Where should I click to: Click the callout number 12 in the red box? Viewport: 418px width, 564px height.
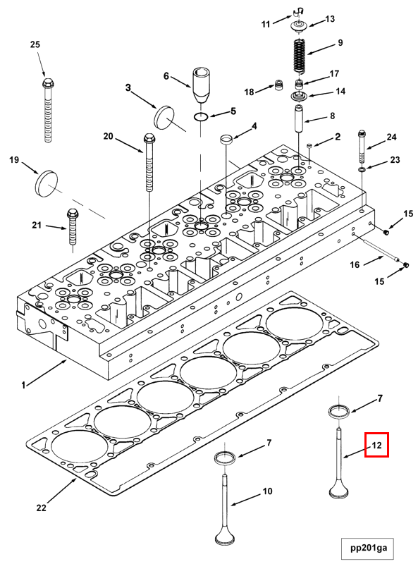click(376, 445)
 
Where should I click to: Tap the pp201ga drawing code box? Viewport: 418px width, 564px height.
click(369, 548)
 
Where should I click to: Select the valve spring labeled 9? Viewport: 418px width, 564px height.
click(300, 56)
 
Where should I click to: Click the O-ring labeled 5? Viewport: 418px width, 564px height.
click(200, 116)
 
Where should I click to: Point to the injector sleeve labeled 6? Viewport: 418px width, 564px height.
click(200, 85)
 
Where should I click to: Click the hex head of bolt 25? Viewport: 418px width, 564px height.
click(48, 83)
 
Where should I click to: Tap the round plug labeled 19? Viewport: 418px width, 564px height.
click(47, 184)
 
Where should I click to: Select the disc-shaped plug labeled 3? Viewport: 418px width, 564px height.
click(164, 117)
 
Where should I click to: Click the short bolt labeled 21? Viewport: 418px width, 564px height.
click(72, 226)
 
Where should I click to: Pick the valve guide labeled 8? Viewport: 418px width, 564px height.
click(300, 118)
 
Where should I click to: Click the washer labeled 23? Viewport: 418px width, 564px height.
click(362, 169)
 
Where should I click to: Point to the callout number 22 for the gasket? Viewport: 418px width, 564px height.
click(42, 508)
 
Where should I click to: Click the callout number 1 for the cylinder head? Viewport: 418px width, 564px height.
click(24, 385)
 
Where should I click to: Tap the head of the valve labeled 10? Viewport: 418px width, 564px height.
click(225, 538)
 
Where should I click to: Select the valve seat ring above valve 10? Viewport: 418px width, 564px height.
click(225, 458)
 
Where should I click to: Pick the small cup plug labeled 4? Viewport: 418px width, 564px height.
click(226, 139)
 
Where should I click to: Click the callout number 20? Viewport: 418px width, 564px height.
click(109, 137)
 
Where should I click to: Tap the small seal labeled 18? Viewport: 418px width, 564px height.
click(278, 85)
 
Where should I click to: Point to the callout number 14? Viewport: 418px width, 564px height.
click(340, 92)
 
